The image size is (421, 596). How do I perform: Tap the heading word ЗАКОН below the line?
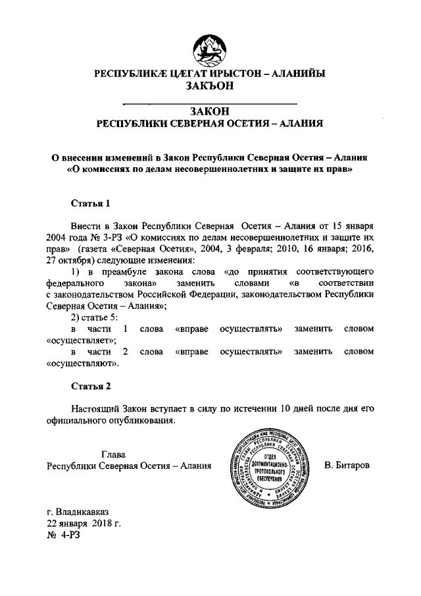click(210, 111)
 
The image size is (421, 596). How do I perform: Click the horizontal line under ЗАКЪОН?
click(210, 101)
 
